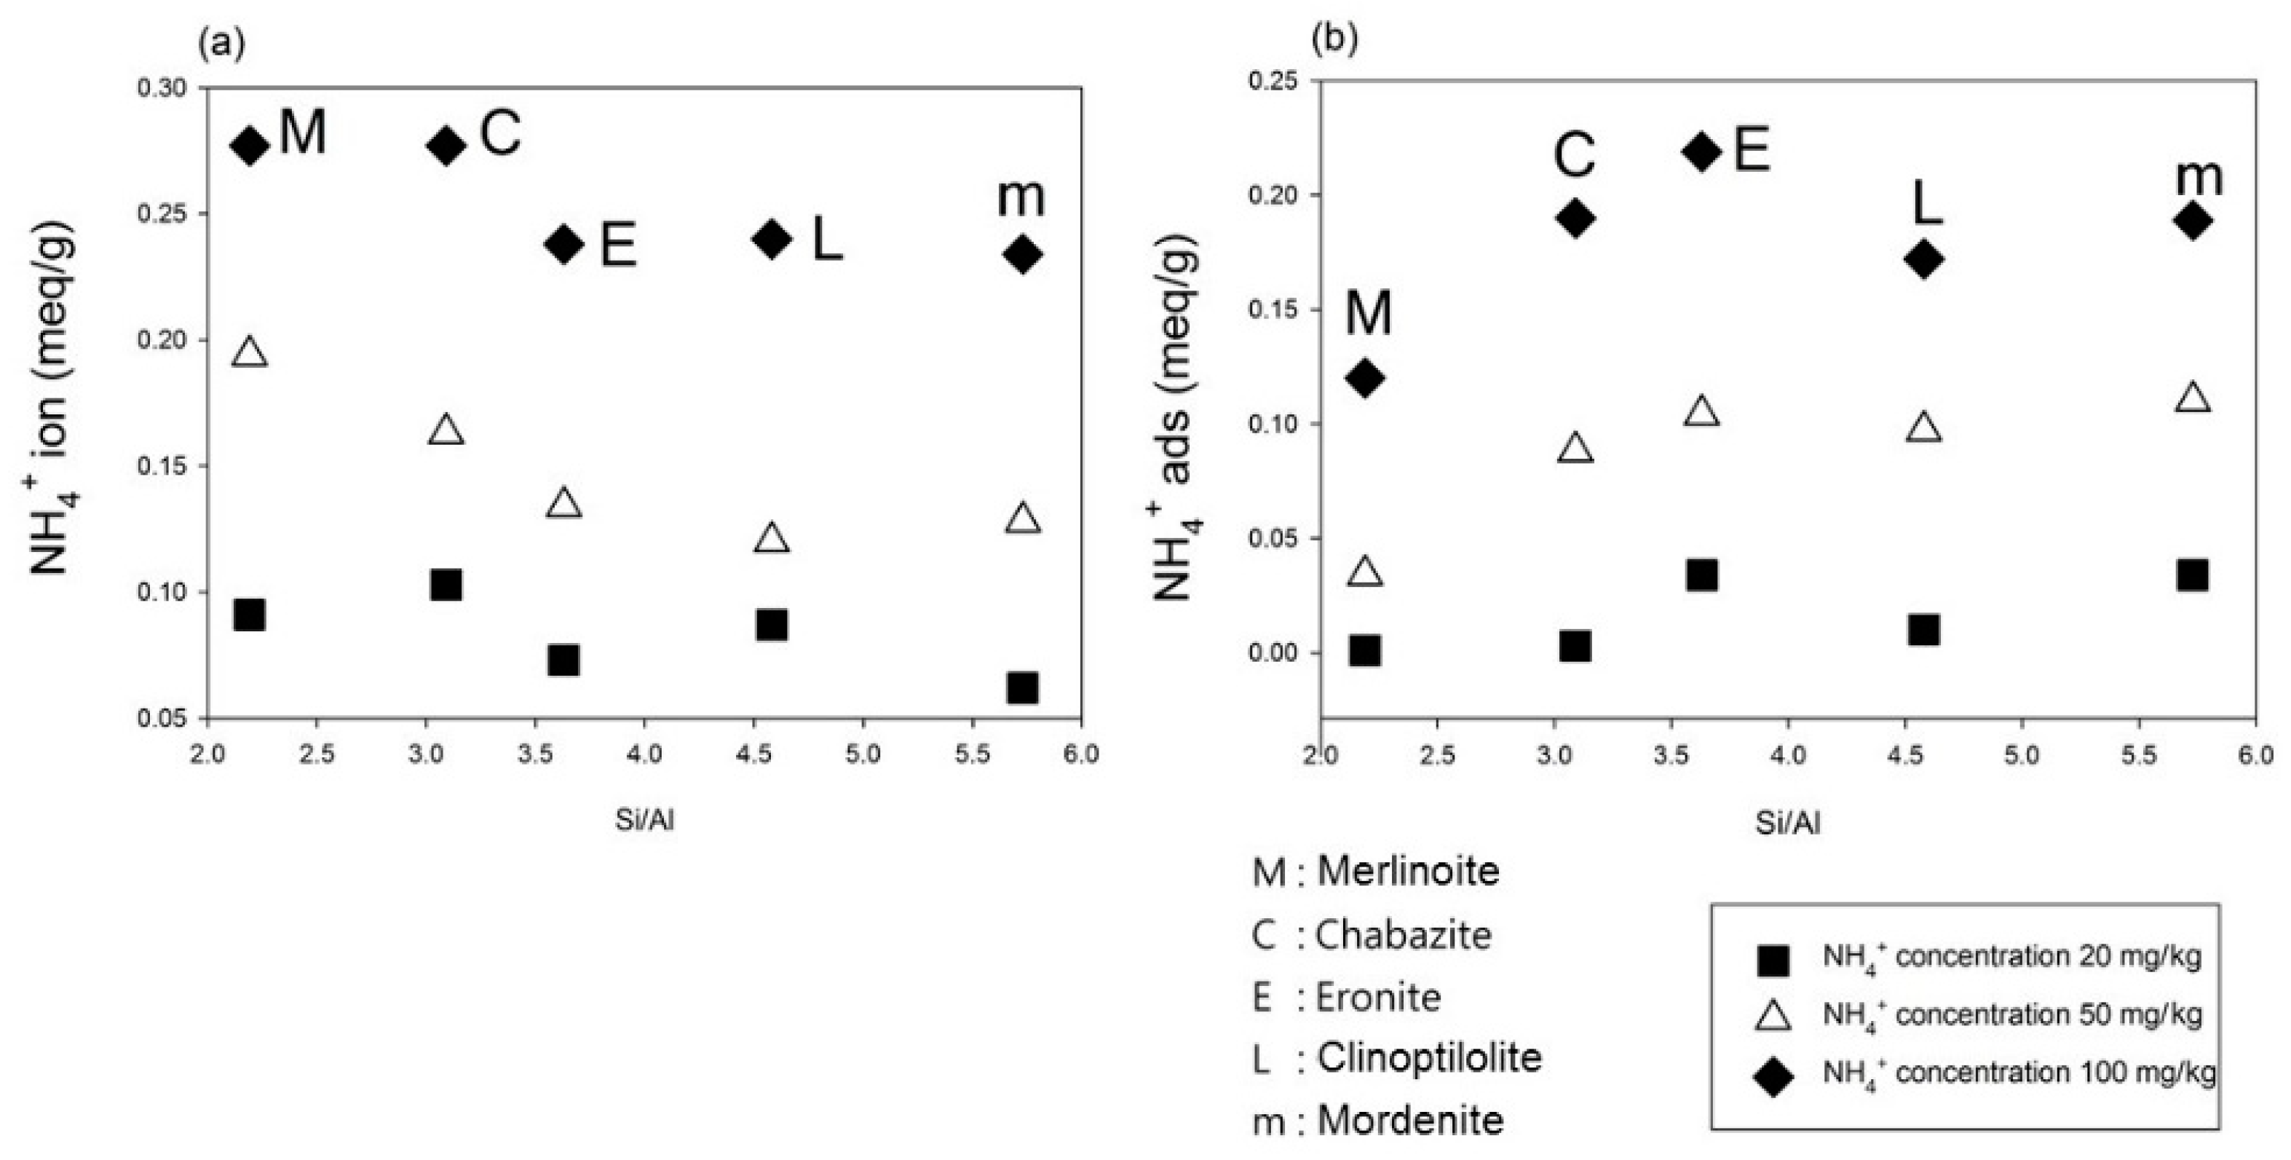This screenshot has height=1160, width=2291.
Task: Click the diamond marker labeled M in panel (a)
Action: tap(250, 145)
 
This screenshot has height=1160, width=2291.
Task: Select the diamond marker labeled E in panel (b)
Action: tap(1702, 151)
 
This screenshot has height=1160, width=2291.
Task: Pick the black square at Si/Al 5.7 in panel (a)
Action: tap(1023, 687)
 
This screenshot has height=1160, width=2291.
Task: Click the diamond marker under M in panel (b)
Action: tap(1365, 378)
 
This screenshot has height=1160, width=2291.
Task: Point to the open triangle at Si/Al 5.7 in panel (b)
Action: tap(2193, 398)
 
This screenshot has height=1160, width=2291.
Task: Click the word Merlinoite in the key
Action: tap(1408, 871)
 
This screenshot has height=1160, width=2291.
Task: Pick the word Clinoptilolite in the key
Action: tap(1428, 1058)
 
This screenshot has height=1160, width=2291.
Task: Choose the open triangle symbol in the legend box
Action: tap(1773, 1016)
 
